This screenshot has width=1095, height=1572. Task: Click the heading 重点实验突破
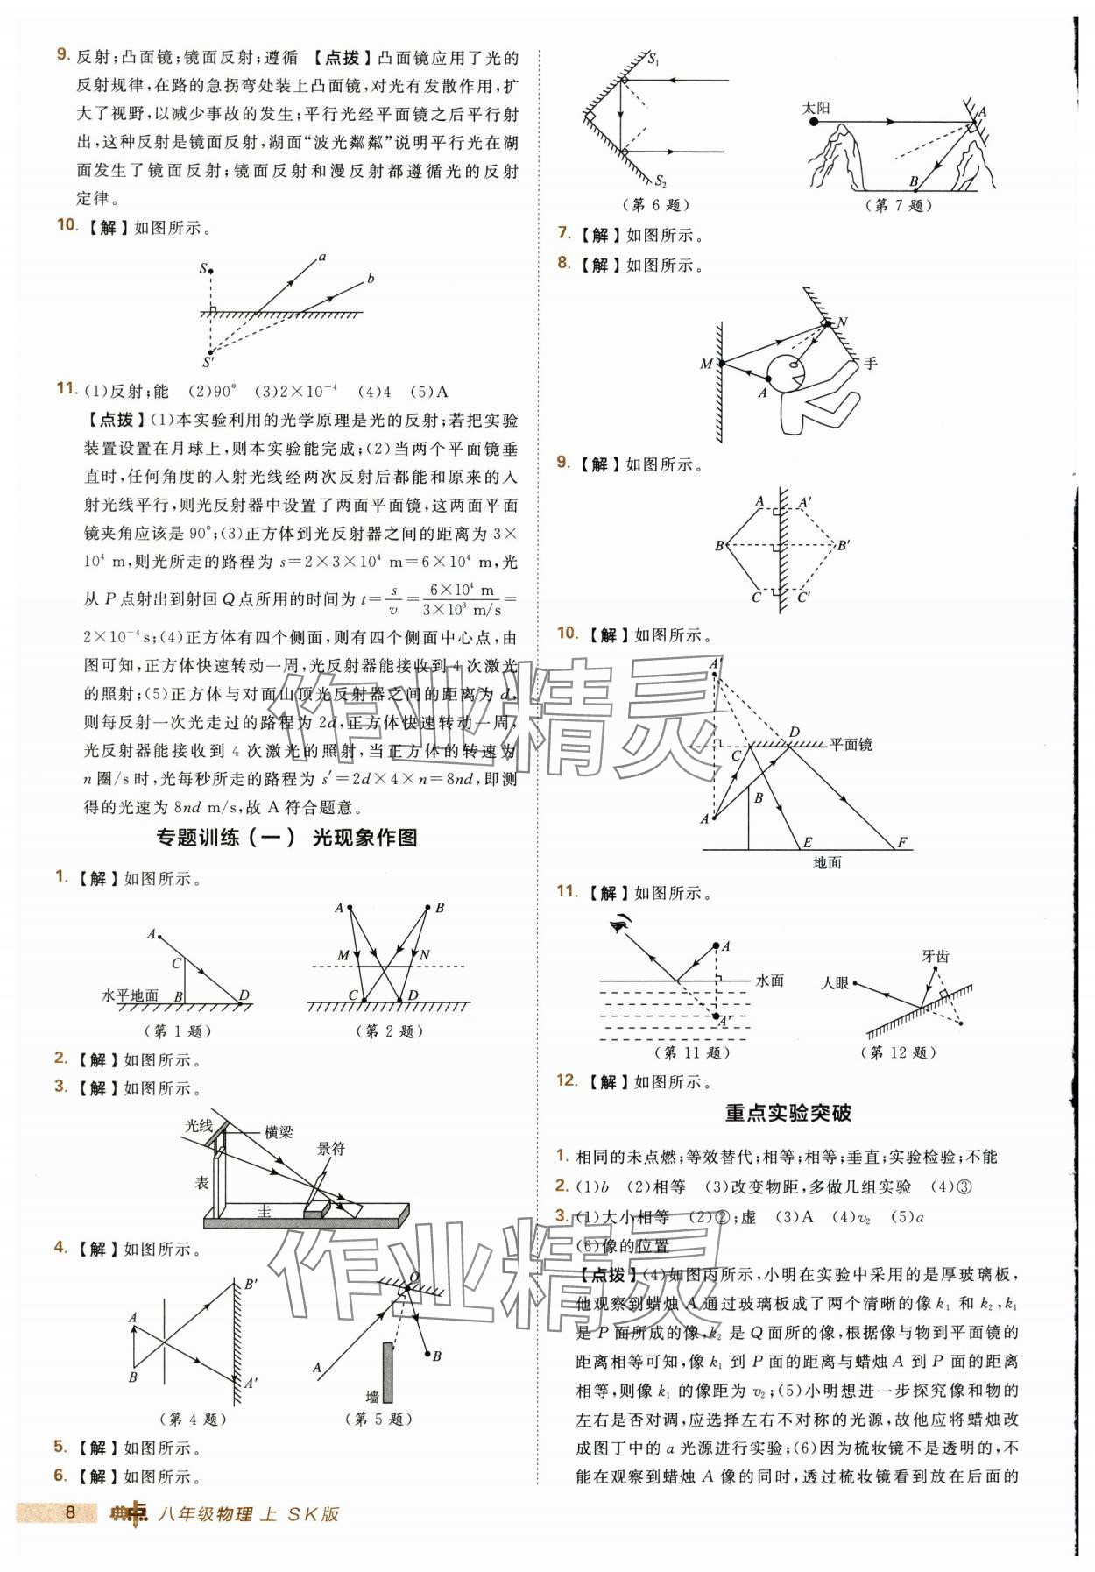tap(788, 1113)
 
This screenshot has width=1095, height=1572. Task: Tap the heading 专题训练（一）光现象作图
tap(286, 838)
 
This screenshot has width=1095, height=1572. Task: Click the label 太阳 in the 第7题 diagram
tap(816, 108)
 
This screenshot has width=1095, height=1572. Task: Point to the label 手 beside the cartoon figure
tap(870, 362)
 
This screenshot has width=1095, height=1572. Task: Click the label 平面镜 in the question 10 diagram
tap(851, 745)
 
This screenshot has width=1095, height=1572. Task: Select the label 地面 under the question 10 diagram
tap(827, 862)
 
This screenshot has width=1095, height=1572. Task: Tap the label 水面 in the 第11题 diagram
tap(769, 981)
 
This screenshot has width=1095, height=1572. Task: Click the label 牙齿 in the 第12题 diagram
tap(935, 956)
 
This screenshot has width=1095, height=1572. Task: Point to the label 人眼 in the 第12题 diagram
tap(834, 983)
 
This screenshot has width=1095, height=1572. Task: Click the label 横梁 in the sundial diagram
tap(279, 1132)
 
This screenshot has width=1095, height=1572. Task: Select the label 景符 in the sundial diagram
tap(330, 1148)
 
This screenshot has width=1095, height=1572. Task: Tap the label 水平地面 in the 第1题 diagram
tap(131, 996)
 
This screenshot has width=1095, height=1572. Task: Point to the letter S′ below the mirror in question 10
tap(208, 361)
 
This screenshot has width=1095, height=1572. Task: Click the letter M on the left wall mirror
tap(706, 364)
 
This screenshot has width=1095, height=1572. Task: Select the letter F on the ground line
tap(902, 843)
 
